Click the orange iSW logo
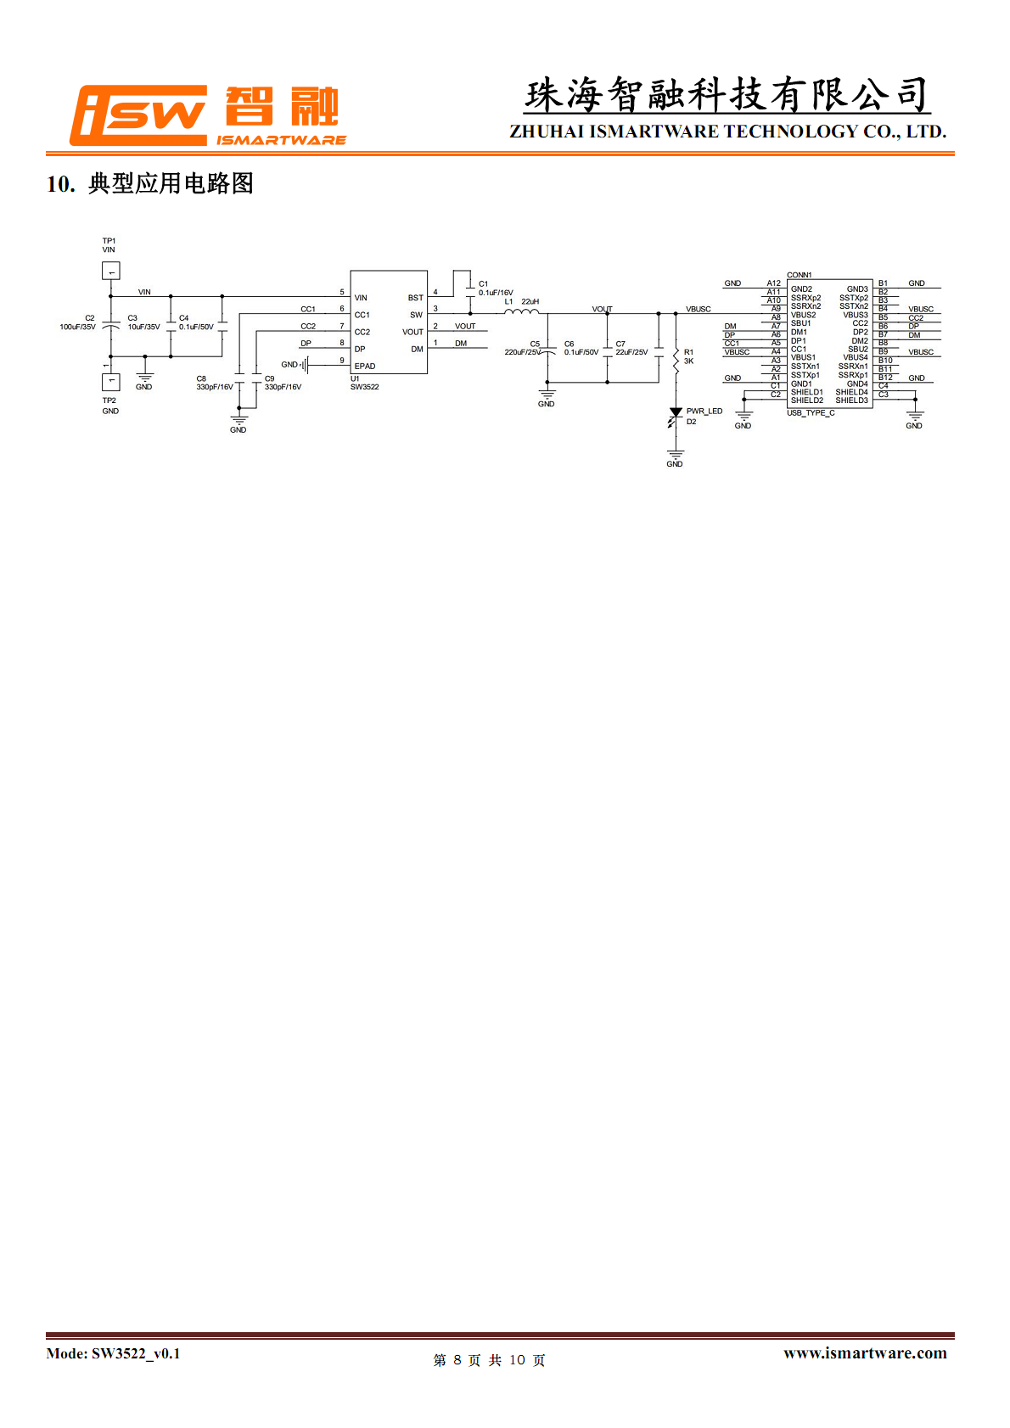coord(139,115)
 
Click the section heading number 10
coord(59,183)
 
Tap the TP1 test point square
coord(110,271)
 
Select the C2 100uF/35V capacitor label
coord(78,322)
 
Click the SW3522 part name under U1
coord(365,387)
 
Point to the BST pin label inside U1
coord(415,298)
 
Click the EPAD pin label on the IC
coord(365,367)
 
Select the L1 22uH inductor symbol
coord(521,312)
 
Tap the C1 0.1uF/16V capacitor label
coord(495,288)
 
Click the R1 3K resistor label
coord(688,356)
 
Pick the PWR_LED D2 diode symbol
coord(676,415)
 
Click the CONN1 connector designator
coord(799,275)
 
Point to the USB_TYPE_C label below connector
coord(811,413)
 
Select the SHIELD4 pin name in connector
coord(851,392)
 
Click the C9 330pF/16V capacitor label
coord(282,383)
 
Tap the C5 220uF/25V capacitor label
coord(523,348)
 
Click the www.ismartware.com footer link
coord(865,1352)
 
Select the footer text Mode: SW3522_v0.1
coord(113,1353)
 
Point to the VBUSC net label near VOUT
coord(698,309)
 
